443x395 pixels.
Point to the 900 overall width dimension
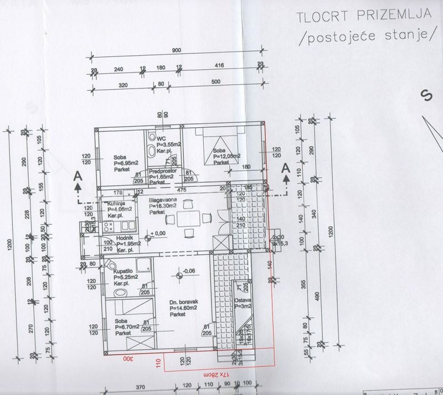(177, 50)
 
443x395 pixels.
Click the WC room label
(162, 138)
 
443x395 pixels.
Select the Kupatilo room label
(122, 272)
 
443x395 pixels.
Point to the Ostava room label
(243, 301)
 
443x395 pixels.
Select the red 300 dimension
(129, 358)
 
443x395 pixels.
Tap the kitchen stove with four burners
(109, 226)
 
